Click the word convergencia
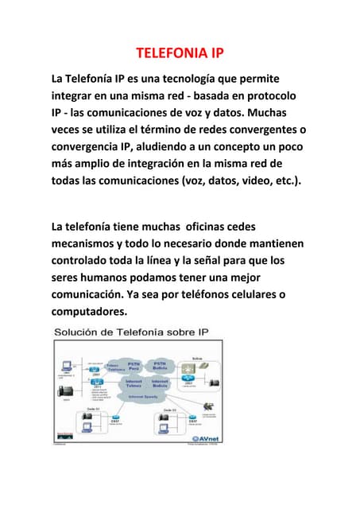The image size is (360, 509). (92, 147)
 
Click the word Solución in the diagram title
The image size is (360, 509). (77, 331)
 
